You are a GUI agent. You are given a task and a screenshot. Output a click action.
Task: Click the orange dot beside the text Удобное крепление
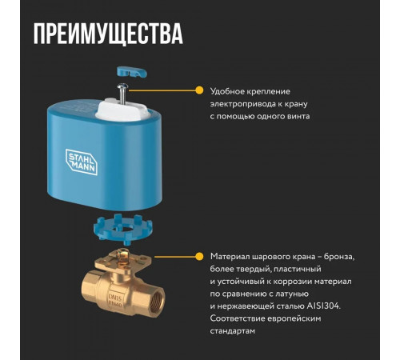pos(198,90)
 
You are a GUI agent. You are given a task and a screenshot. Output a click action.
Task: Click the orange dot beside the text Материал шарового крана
pos(198,256)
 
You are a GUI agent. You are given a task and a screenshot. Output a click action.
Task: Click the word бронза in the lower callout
pos(335,257)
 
